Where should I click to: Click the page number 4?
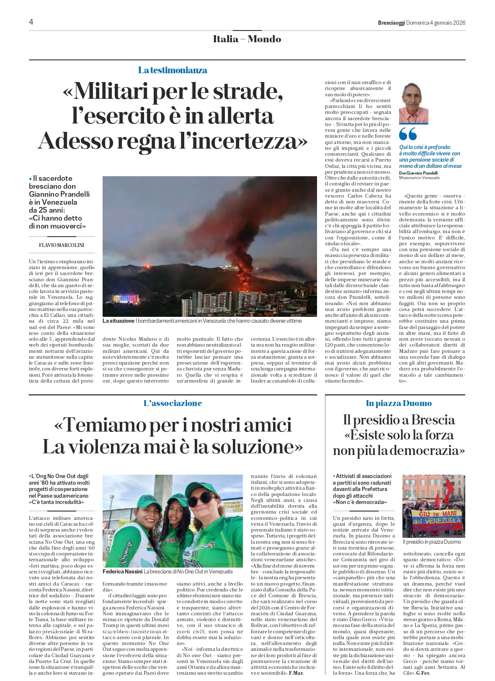(31, 22)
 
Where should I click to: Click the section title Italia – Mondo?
(247, 39)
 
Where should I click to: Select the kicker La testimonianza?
(173, 70)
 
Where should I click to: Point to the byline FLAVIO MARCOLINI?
(62, 245)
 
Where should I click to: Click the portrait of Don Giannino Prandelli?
(413, 103)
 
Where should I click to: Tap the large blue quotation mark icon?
(408, 134)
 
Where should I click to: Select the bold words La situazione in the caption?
(119, 321)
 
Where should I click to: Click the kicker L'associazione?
(173, 403)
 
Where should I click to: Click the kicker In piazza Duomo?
(399, 403)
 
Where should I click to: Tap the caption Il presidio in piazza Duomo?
(431, 542)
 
